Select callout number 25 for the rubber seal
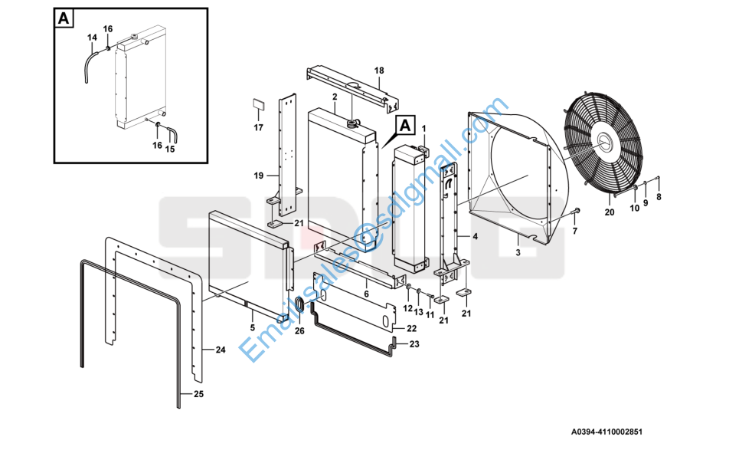[198, 394]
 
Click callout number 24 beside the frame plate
[221, 350]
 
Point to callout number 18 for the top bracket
[378, 71]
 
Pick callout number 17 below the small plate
[259, 127]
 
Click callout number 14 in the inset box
[92, 37]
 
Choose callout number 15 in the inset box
[170, 149]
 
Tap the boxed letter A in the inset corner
[64, 19]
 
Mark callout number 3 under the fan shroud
[518, 251]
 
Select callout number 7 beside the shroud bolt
[575, 230]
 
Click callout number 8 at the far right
[659, 196]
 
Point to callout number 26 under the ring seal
[299, 331]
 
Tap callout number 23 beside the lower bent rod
[414, 344]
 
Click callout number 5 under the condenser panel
[252, 328]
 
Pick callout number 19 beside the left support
[259, 176]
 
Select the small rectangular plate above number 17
[259, 104]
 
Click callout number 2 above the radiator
[335, 97]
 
